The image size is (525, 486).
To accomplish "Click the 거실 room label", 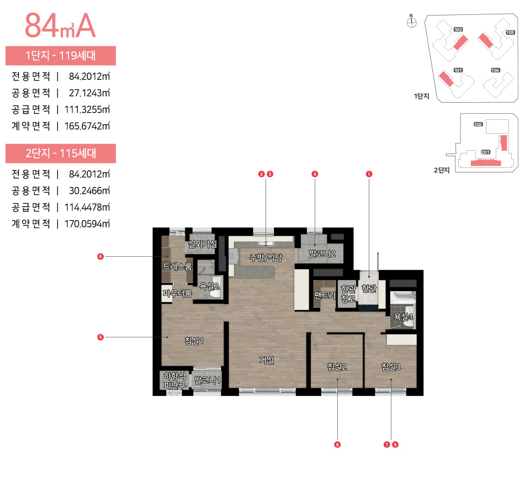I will [267, 360].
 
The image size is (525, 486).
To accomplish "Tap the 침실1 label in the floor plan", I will [194, 341].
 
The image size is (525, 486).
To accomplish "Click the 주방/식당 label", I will [266, 257].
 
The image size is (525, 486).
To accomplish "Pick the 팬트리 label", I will [325, 295].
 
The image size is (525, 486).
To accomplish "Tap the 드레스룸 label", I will [177, 266].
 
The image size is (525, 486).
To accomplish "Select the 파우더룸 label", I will [177, 294].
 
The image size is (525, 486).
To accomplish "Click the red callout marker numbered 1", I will [369, 174].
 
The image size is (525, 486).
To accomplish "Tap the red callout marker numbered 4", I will [315, 174].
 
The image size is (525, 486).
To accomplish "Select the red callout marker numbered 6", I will [100, 256].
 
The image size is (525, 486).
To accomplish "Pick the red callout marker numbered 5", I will [100, 337].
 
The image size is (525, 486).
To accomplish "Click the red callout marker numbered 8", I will [337, 444].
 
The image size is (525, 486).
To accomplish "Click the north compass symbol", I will [411, 22].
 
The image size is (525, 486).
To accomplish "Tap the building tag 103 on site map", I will [510, 33].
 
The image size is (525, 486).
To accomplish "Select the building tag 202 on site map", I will [478, 125].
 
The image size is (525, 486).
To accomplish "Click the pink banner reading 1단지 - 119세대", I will [61, 55].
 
